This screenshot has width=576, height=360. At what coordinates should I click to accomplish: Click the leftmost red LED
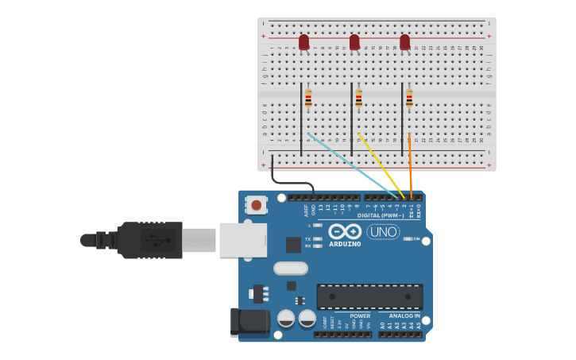pyautogui.click(x=303, y=41)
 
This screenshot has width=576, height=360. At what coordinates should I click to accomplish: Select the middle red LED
pyautogui.click(x=354, y=41)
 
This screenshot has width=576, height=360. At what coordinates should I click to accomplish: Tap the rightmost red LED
pyautogui.click(x=405, y=41)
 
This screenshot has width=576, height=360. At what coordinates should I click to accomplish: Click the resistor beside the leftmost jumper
pyautogui.click(x=308, y=99)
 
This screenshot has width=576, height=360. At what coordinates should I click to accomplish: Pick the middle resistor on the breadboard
pyautogui.click(x=359, y=99)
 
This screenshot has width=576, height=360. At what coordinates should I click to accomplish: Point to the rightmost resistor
pyautogui.click(x=410, y=99)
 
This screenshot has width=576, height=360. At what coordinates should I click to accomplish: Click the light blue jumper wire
pyautogui.click(x=350, y=163)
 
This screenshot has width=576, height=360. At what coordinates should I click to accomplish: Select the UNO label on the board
pyautogui.click(x=383, y=231)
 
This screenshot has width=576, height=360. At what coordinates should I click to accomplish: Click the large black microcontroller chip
pyautogui.click(x=369, y=296)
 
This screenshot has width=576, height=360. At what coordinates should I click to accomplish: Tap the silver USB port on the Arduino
pyautogui.click(x=242, y=239)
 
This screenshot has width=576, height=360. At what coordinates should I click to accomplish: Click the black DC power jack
pyautogui.click(x=249, y=322)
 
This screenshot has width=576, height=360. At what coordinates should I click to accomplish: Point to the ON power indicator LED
pyautogui.click(x=407, y=238)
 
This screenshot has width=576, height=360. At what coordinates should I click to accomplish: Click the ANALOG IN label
pyautogui.click(x=405, y=315)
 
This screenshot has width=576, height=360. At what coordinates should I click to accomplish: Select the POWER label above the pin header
pyautogui.click(x=360, y=315)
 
